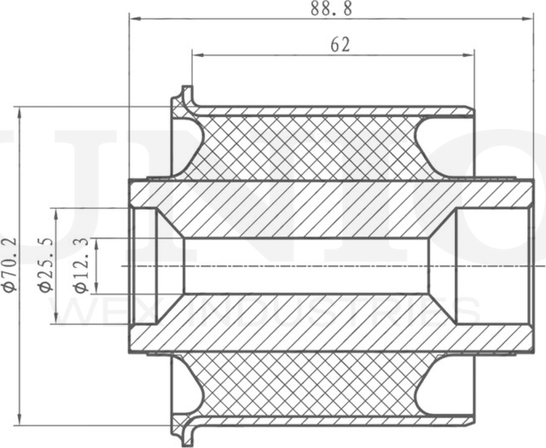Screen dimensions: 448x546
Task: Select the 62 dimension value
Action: coord(340,45)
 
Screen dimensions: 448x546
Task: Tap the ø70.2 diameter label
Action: coord(9,265)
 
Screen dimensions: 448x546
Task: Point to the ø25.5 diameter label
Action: coord(46,265)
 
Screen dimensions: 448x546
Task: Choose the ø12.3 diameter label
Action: coord(82,265)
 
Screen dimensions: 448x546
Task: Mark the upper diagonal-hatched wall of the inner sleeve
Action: coord(307,208)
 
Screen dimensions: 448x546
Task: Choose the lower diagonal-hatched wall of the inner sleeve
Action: coord(307,323)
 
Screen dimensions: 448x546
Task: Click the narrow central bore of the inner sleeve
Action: coord(307,265)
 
